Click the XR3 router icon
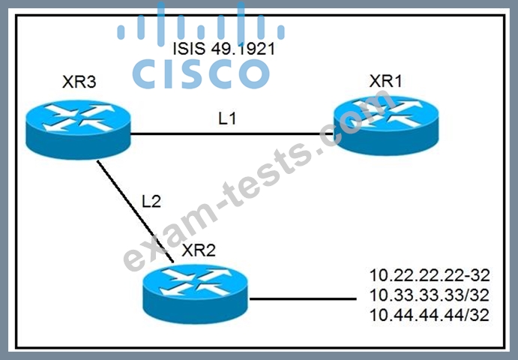click(x=78, y=131)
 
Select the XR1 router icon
click(x=386, y=125)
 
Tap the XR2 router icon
click(x=195, y=294)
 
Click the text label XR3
click(x=79, y=82)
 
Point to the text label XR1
click(x=385, y=81)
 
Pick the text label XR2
click(x=199, y=250)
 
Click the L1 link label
click(x=227, y=118)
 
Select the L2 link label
click(x=151, y=201)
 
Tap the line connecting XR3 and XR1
click(x=232, y=134)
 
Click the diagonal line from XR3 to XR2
click(x=135, y=211)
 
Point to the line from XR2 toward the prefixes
click(x=303, y=298)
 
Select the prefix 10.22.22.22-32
click(x=429, y=275)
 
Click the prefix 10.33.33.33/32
click(x=429, y=295)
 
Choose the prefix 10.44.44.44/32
click(x=429, y=315)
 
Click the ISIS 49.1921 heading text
click(x=224, y=49)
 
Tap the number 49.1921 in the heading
click(x=243, y=49)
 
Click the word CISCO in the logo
click(x=201, y=74)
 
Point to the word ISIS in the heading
click(x=189, y=49)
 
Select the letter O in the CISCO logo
click(x=253, y=74)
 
